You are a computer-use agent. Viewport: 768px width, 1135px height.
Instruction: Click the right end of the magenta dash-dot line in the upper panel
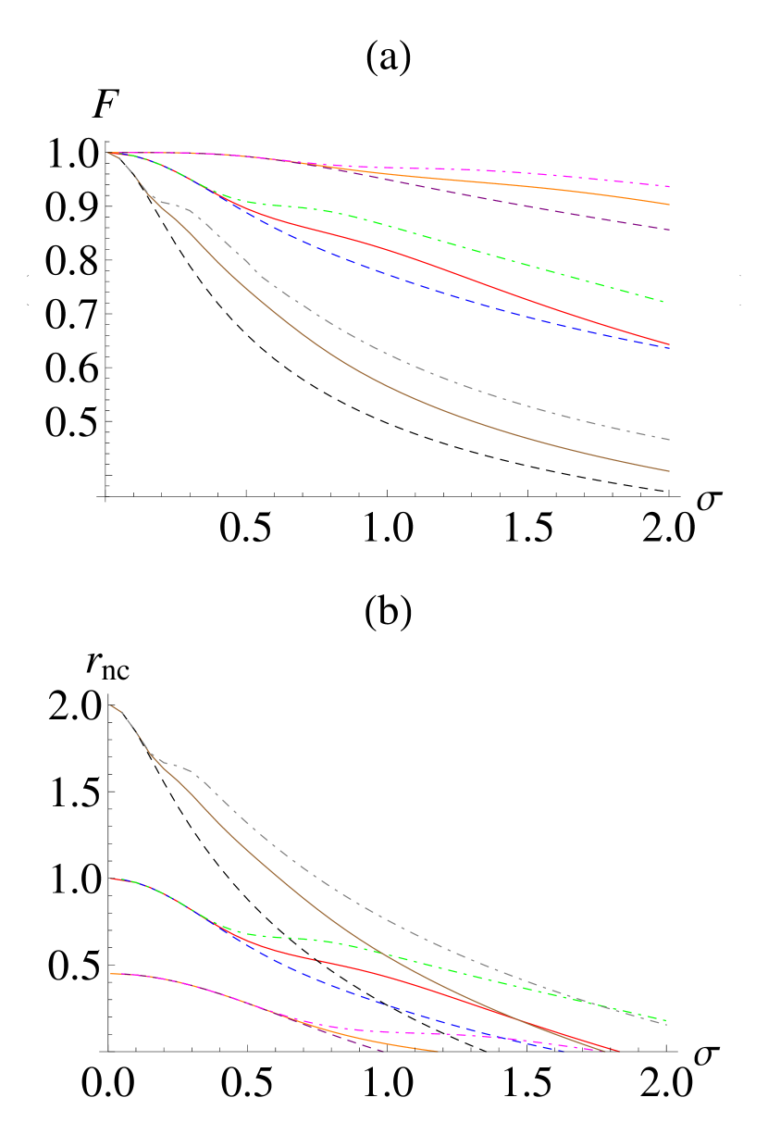(x=669, y=186)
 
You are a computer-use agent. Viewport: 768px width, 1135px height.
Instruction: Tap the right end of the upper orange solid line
(x=669, y=204)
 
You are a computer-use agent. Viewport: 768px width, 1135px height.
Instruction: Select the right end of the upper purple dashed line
(x=669, y=230)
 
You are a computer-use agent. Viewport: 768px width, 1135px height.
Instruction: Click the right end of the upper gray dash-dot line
(x=669, y=439)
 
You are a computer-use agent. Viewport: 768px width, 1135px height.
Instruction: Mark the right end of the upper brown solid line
(x=669, y=471)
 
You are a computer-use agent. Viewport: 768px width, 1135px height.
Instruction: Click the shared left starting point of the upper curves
(x=109, y=153)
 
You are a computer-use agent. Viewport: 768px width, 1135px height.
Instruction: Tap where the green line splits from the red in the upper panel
(x=227, y=196)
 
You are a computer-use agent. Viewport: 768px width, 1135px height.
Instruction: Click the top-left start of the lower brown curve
(x=110, y=705)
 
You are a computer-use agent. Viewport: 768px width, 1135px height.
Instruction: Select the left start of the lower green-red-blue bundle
(x=110, y=879)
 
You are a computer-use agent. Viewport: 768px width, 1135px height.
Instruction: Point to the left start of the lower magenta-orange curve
(x=110, y=974)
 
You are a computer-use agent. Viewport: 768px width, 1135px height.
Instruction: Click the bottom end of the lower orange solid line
(x=437, y=1051)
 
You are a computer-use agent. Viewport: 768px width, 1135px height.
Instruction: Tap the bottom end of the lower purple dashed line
(x=382, y=1051)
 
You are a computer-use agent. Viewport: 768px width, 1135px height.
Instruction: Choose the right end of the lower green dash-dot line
(x=667, y=1019)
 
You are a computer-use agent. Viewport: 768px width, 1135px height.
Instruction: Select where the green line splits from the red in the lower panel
(x=227, y=927)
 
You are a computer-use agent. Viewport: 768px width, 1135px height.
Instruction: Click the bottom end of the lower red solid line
(x=618, y=1051)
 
